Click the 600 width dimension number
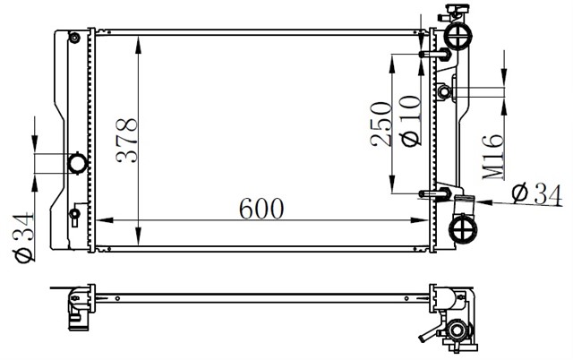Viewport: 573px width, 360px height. pyautogui.click(x=261, y=209)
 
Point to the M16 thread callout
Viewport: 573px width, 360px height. pyautogui.click(x=491, y=158)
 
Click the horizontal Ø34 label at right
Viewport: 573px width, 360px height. pyautogui.click(x=538, y=192)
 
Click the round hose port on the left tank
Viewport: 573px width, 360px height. pyautogui.click(x=78, y=163)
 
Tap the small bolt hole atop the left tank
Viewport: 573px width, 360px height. pyautogui.click(x=74, y=37)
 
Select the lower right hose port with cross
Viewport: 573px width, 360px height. pyautogui.click(x=463, y=229)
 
